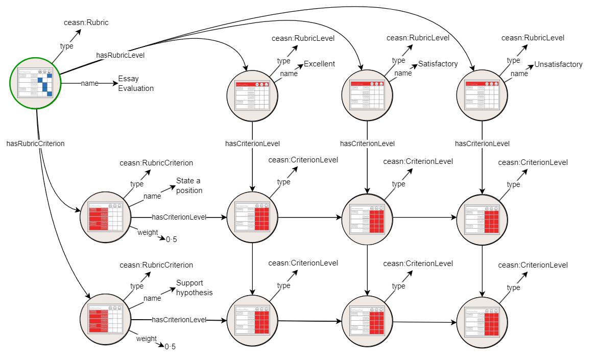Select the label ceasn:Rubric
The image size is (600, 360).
(86, 22)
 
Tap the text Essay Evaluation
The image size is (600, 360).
(136, 83)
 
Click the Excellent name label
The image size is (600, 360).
(319, 64)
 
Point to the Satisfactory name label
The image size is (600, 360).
(438, 64)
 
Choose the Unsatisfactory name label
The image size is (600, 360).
(558, 64)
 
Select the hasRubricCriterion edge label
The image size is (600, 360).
(35, 143)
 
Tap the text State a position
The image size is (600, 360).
(189, 185)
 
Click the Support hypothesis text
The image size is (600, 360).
(194, 288)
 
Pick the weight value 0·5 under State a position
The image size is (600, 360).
(171, 239)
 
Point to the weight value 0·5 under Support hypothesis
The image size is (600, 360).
(170, 347)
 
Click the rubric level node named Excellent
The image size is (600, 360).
(252, 95)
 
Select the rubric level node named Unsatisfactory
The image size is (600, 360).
(482, 95)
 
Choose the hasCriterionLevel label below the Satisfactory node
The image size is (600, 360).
(367, 143)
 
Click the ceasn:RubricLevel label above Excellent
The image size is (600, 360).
(303, 38)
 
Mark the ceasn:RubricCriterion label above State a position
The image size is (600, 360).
(156, 163)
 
